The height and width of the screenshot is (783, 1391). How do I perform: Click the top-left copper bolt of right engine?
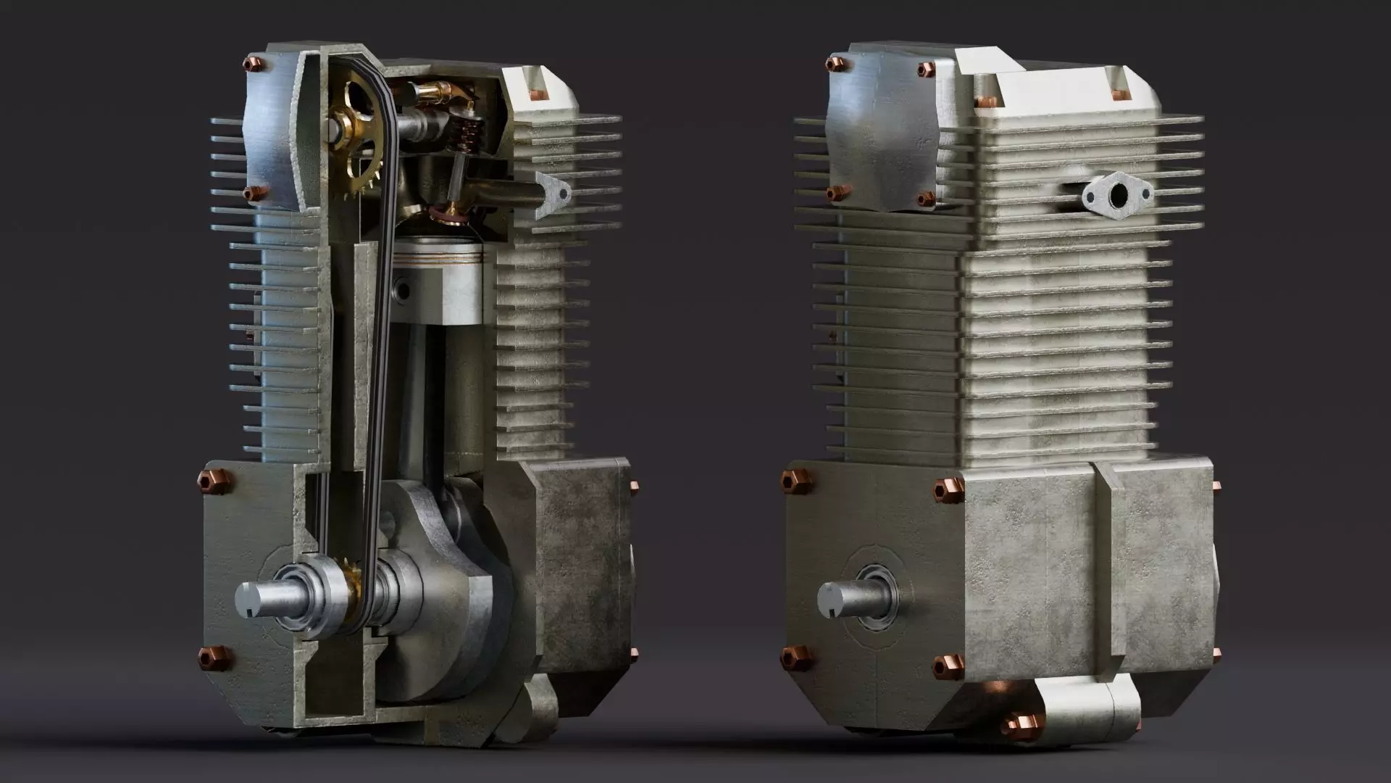835,64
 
